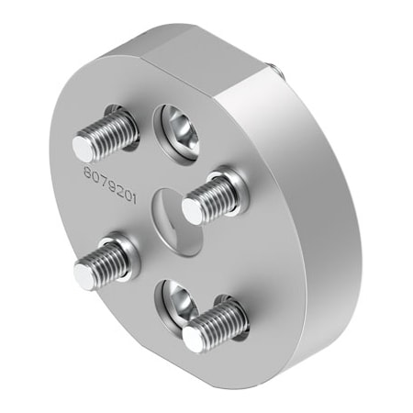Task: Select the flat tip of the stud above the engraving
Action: coord(85,147)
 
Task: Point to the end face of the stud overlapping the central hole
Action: coord(192,210)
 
